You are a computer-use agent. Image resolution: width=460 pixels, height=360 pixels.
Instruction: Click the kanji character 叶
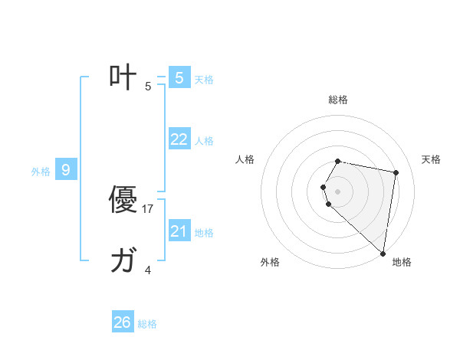pyautogui.click(x=123, y=77)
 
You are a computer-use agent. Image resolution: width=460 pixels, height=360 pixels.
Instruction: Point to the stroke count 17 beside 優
pyautogui.click(x=148, y=208)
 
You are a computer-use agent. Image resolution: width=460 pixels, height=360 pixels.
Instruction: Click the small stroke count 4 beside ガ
pyautogui.click(x=148, y=270)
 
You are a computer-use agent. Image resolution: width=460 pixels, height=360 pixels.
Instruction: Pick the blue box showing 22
pyautogui.click(x=179, y=139)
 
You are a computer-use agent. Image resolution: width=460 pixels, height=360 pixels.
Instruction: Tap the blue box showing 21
pyautogui.click(x=179, y=231)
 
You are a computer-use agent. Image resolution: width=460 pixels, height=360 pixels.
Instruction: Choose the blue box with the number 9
pyautogui.click(x=66, y=170)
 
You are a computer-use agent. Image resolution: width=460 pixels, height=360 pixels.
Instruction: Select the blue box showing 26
pyautogui.click(x=123, y=322)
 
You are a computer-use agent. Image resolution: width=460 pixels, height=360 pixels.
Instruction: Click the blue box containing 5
pyautogui.click(x=179, y=78)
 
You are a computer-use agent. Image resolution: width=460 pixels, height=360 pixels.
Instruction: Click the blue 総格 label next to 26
pyautogui.click(x=147, y=324)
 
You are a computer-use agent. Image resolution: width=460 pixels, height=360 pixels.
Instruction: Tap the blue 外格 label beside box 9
pyautogui.click(x=41, y=172)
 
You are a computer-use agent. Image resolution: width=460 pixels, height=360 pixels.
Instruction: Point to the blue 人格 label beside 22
pyautogui.click(x=204, y=141)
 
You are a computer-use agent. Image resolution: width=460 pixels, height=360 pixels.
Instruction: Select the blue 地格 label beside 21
pyautogui.click(x=204, y=233)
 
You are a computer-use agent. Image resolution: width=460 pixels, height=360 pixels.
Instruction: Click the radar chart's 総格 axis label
pyautogui.click(x=338, y=100)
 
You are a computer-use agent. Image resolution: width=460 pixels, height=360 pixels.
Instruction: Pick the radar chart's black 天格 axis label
pyautogui.click(x=431, y=159)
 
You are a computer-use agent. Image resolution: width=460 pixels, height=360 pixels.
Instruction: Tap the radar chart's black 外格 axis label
pyautogui.click(x=270, y=262)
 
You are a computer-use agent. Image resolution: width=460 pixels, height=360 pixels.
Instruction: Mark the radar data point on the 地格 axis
pyautogui.click(x=383, y=253)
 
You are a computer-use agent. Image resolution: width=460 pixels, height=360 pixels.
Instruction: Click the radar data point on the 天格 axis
pyautogui.click(x=396, y=173)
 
